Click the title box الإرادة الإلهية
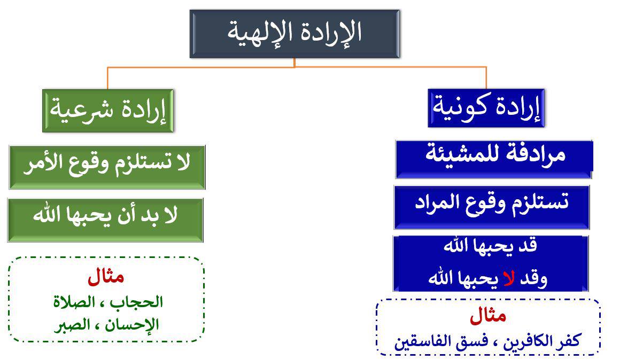click(295, 34)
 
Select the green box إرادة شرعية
click(108, 111)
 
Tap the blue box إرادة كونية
click(486, 108)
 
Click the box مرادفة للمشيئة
click(494, 159)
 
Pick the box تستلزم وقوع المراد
click(492, 207)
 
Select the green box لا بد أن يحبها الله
click(105, 220)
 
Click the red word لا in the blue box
click(509, 278)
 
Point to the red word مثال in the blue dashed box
click(488, 316)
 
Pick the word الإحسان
click(132, 325)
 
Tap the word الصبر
click(72, 325)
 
